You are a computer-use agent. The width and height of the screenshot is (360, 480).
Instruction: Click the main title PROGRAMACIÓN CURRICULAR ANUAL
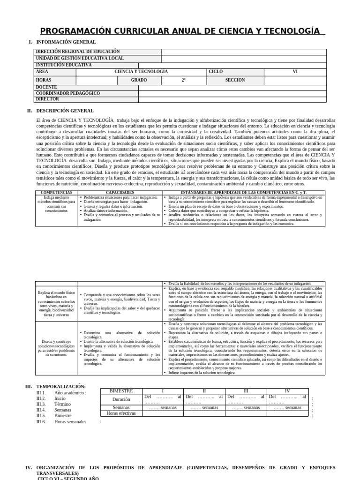point(182,31)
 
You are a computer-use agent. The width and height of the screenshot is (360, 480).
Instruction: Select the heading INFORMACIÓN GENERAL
point(66,42)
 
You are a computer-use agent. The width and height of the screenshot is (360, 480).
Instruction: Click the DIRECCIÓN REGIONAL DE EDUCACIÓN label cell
point(78,52)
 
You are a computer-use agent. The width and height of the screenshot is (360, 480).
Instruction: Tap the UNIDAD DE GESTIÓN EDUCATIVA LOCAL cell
point(80,58)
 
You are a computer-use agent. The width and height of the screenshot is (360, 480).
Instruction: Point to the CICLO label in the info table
point(216,72)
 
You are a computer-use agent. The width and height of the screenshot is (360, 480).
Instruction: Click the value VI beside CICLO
point(295,72)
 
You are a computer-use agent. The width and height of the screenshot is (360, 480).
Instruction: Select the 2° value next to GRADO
point(184,80)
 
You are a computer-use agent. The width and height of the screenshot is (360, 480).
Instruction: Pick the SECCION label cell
point(235,80)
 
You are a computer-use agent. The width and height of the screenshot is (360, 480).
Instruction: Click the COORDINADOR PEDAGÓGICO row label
point(68,93)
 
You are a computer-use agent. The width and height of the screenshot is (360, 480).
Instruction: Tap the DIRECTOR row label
point(48,99)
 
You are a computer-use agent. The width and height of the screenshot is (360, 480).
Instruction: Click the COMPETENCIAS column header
point(56,193)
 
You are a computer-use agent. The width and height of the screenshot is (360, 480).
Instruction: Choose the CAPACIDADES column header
point(120,193)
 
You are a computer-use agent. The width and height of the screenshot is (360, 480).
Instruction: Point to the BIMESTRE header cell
point(121,391)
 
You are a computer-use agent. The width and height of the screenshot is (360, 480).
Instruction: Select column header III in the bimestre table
point(246,391)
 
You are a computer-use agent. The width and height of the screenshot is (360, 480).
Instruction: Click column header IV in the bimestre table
point(287,391)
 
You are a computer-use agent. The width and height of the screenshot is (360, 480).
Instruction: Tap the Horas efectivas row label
point(121,413)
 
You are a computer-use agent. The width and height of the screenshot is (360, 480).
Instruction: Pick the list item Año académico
point(70,393)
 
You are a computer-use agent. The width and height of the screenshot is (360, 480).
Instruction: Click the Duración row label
point(121,399)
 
